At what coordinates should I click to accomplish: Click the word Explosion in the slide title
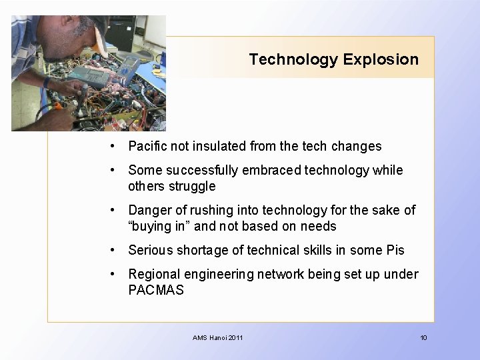[x=381, y=59]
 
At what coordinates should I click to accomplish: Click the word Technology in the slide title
[x=293, y=59]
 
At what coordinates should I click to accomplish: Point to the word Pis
[x=395, y=250]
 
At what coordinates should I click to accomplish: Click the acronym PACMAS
[x=156, y=290]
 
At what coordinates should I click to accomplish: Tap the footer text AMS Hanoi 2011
[x=218, y=338]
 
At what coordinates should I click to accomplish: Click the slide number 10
[x=423, y=338]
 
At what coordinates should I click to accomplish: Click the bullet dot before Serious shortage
[x=115, y=250]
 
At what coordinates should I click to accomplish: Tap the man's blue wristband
[x=47, y=83]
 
